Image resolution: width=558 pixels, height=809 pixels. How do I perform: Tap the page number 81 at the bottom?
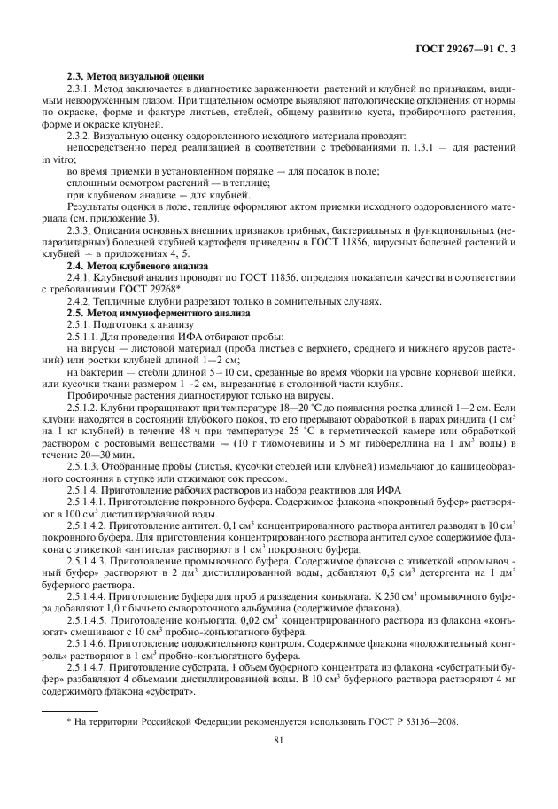[x=279, y=743]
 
